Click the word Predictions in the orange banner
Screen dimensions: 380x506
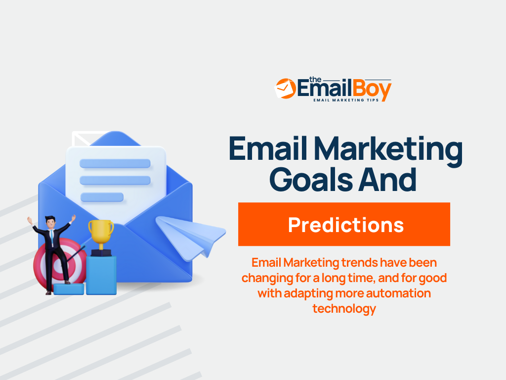tap(345, 225)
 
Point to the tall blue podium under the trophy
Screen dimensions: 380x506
tap(101, 275)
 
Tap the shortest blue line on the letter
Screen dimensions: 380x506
tap(102, 197)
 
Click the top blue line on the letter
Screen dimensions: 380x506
tap(115, 163)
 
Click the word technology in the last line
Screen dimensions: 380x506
tap(344, 309)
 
